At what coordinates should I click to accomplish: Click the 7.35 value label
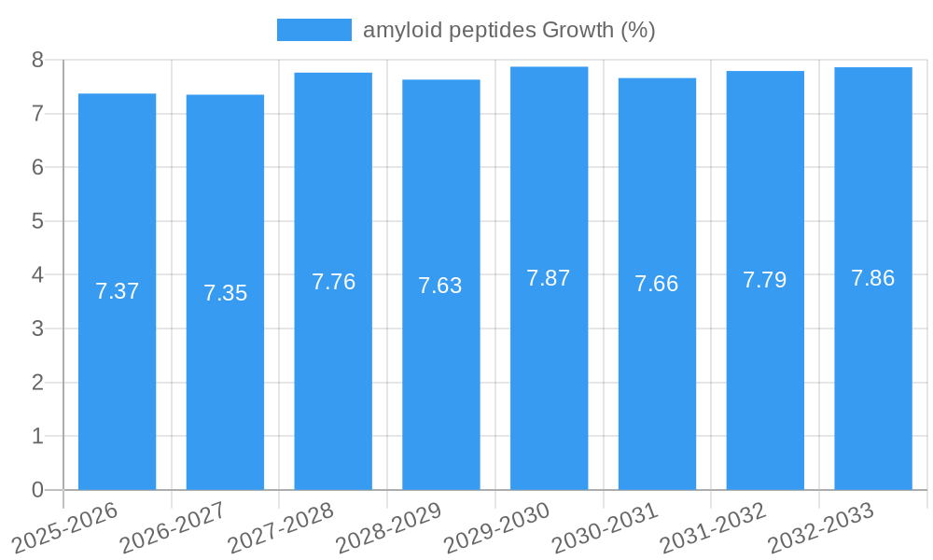[x=225, y=293]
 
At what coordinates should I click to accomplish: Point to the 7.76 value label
[x=333, y=282]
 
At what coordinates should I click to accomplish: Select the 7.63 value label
[x=440, y=286]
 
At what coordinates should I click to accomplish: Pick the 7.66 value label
[x=657, y=284]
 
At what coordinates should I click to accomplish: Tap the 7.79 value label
[x=764, y=280]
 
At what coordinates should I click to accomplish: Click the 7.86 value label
[x=872, y=278]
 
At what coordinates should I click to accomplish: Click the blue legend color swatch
[x=314, y=30]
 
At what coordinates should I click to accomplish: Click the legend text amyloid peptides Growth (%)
[x=508, y=30]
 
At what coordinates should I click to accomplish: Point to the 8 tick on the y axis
[x=37, y=60]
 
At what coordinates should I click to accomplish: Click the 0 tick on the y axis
[x=37, y=490]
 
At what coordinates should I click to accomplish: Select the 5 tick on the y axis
[x=37, y=221]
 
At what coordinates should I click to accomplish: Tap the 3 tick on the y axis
[x=37, y=329]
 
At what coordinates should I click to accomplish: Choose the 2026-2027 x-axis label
[x=174, y=527]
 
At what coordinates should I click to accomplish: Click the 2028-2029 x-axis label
[x=389, y=527]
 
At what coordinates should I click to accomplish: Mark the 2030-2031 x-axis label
[x=606, y=527]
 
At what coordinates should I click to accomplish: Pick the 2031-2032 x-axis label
[x=714, y=527]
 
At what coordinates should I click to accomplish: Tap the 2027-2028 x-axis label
[x=282, y=527]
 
